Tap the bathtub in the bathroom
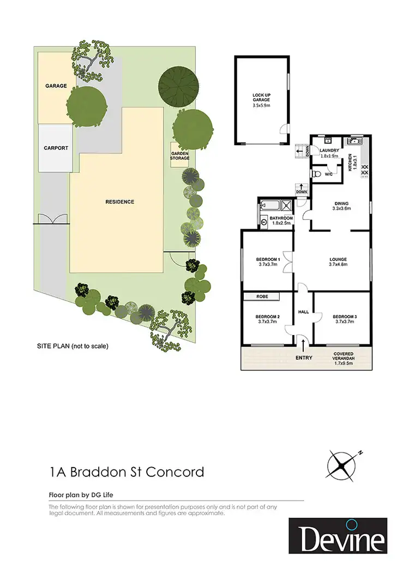tap(270, 206)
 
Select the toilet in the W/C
tap(318, 174)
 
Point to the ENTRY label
tap(304, 357)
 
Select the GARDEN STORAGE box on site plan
tap(179, 156)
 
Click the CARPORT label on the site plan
tap(56, 148)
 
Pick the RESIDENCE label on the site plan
tap(119, 202)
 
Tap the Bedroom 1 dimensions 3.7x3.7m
tap(268, 265)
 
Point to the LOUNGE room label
tap(338, 260)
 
